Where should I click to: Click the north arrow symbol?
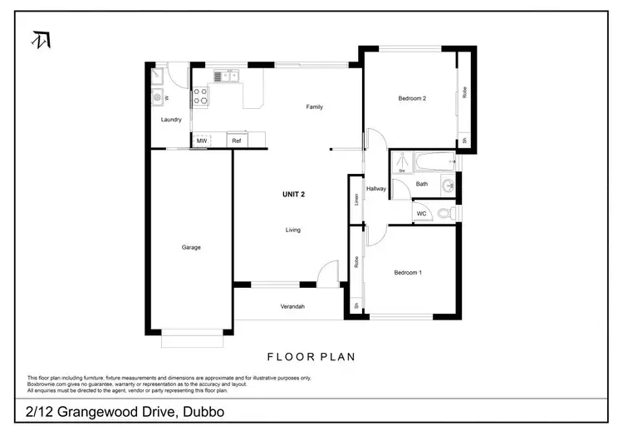coord(38,39)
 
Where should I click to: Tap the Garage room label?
coord(191,247)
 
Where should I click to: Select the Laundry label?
coord(171,120)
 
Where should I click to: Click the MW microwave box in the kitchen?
coord(202,141)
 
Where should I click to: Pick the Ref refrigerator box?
coord(236,141)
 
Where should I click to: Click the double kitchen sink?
coord(224,77)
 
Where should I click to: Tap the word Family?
coord(314,107)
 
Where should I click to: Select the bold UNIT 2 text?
coord(293,194)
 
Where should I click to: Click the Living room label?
coord(293,230)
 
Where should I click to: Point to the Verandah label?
coord(292,306)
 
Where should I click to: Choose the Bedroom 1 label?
coord(408,272)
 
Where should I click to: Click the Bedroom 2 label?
coord(412,99)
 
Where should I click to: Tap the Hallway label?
coord(376,189)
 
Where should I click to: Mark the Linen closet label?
coord(355,200)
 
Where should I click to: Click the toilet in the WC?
coord(447,214)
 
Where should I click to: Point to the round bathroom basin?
coord(448,185)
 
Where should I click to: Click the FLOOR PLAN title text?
coord(311,357)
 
